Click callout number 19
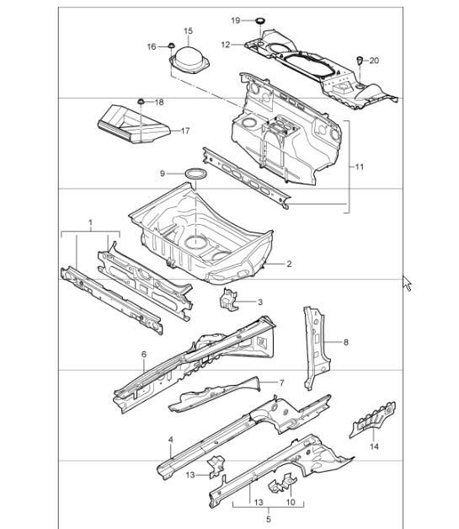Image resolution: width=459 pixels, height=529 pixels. click(x=236, y=19)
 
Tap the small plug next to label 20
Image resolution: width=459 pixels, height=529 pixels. click(x=360, y=60)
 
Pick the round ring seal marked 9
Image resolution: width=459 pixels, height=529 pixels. click(x=197, y=174)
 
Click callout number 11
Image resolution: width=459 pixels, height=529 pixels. click(x=360, y=167)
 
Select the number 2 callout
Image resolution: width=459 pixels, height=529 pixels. click(x=289, y=264)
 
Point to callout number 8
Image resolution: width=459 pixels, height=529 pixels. click(x=345, y=342)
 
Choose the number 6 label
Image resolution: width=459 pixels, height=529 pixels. click(x=144, y=355)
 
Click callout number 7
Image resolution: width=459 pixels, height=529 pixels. click(x=282, y=382)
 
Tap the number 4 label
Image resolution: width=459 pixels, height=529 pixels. click(x=171, y=440)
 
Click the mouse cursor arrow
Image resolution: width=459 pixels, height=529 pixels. click(x=408, y=283)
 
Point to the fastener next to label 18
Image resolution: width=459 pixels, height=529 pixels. click(x=142, y=103)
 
